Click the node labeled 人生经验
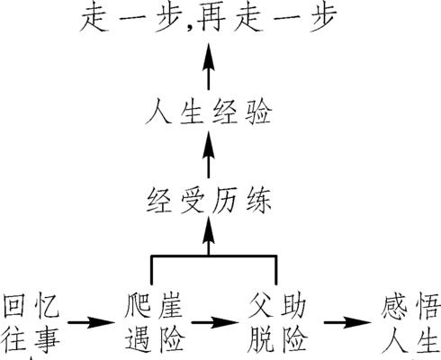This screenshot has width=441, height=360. coord(209,112)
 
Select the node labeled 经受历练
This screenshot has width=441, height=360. coord(209,200)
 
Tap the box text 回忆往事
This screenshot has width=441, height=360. coord(31,323)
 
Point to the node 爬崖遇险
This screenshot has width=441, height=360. coord(154,323)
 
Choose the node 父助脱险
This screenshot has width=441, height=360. coord(277,323)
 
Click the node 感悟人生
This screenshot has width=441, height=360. coord(410,323)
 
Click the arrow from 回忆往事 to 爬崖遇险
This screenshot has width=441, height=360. coord(91,322)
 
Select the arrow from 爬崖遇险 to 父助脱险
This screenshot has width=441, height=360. coord(214,322)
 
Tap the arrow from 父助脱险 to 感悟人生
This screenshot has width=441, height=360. coord(347,322)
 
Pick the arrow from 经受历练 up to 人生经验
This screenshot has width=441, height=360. coord(209,155)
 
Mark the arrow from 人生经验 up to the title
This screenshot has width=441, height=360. coord(209,67)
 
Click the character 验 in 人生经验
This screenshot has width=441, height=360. coord(258,112)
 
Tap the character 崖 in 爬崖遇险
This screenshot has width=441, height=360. coord(170,306)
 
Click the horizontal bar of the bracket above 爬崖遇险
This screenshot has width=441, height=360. coord(213,256)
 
